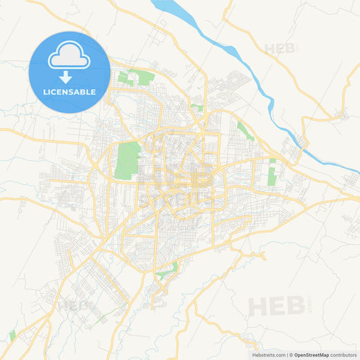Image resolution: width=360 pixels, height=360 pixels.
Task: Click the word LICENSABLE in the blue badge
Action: point(70,92)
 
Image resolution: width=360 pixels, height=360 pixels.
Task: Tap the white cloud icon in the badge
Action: point(70,57)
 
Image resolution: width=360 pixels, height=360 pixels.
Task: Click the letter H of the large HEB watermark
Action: point(259,307)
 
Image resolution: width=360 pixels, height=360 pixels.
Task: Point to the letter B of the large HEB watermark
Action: point(296,307)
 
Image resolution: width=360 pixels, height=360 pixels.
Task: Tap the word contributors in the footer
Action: point(342,355)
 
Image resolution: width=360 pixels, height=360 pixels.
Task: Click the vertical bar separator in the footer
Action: point(288,355)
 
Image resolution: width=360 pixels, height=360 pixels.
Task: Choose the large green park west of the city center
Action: point(128,159)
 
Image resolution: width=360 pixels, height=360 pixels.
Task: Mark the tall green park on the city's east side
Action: point(272,174)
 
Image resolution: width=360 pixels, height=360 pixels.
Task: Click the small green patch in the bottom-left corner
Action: point(12,336)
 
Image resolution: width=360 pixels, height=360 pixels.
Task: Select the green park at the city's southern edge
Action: point(168,271)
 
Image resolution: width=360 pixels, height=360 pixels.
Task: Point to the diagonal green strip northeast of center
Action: point(245,130)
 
